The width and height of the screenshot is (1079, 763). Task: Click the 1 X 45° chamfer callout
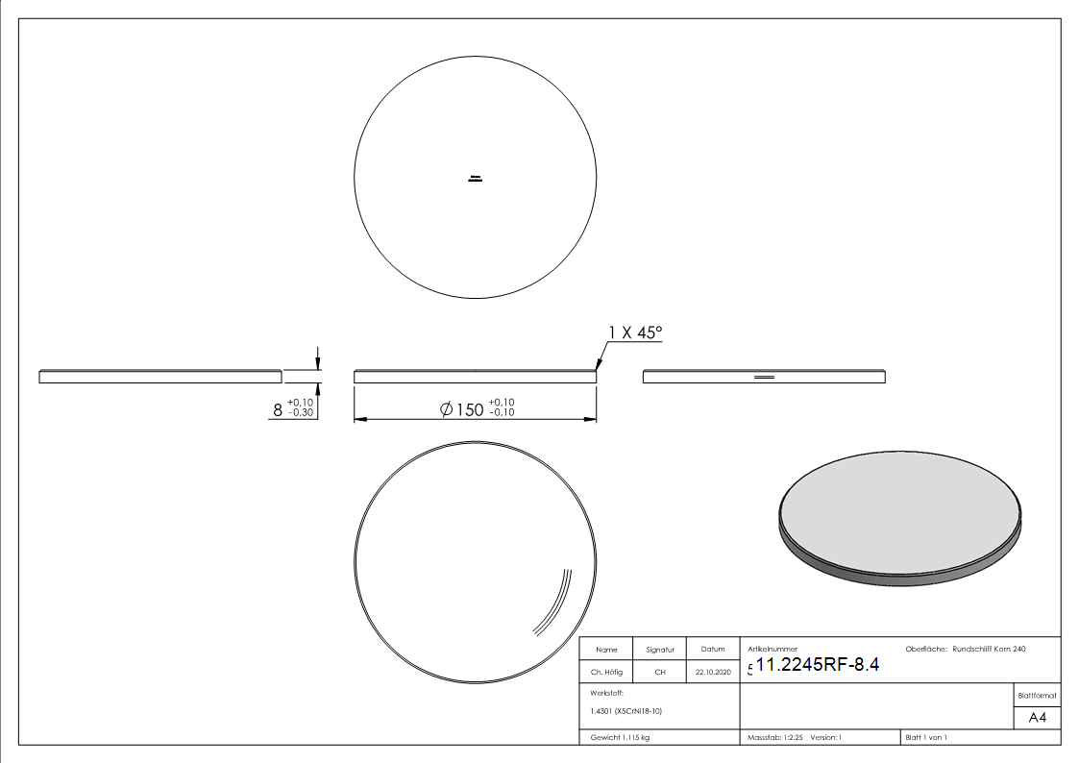tap(635, 333)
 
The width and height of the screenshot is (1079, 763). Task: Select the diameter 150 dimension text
tap(477, 408)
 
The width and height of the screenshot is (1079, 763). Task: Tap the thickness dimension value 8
tap(278, 410)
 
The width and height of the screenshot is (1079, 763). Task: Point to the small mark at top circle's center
tap(475, 179)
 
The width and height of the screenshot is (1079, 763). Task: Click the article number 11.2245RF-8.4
tap(818, 665)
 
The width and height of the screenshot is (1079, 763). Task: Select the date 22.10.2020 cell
tap(713, 672)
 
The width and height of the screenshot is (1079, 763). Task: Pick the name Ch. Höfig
tap(606, 672)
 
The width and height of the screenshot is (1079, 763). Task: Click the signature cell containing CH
tap(660, 672)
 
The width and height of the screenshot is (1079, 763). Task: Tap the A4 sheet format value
tap(1037, 718)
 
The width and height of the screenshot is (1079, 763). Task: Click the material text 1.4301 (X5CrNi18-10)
tap(626, 711)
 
